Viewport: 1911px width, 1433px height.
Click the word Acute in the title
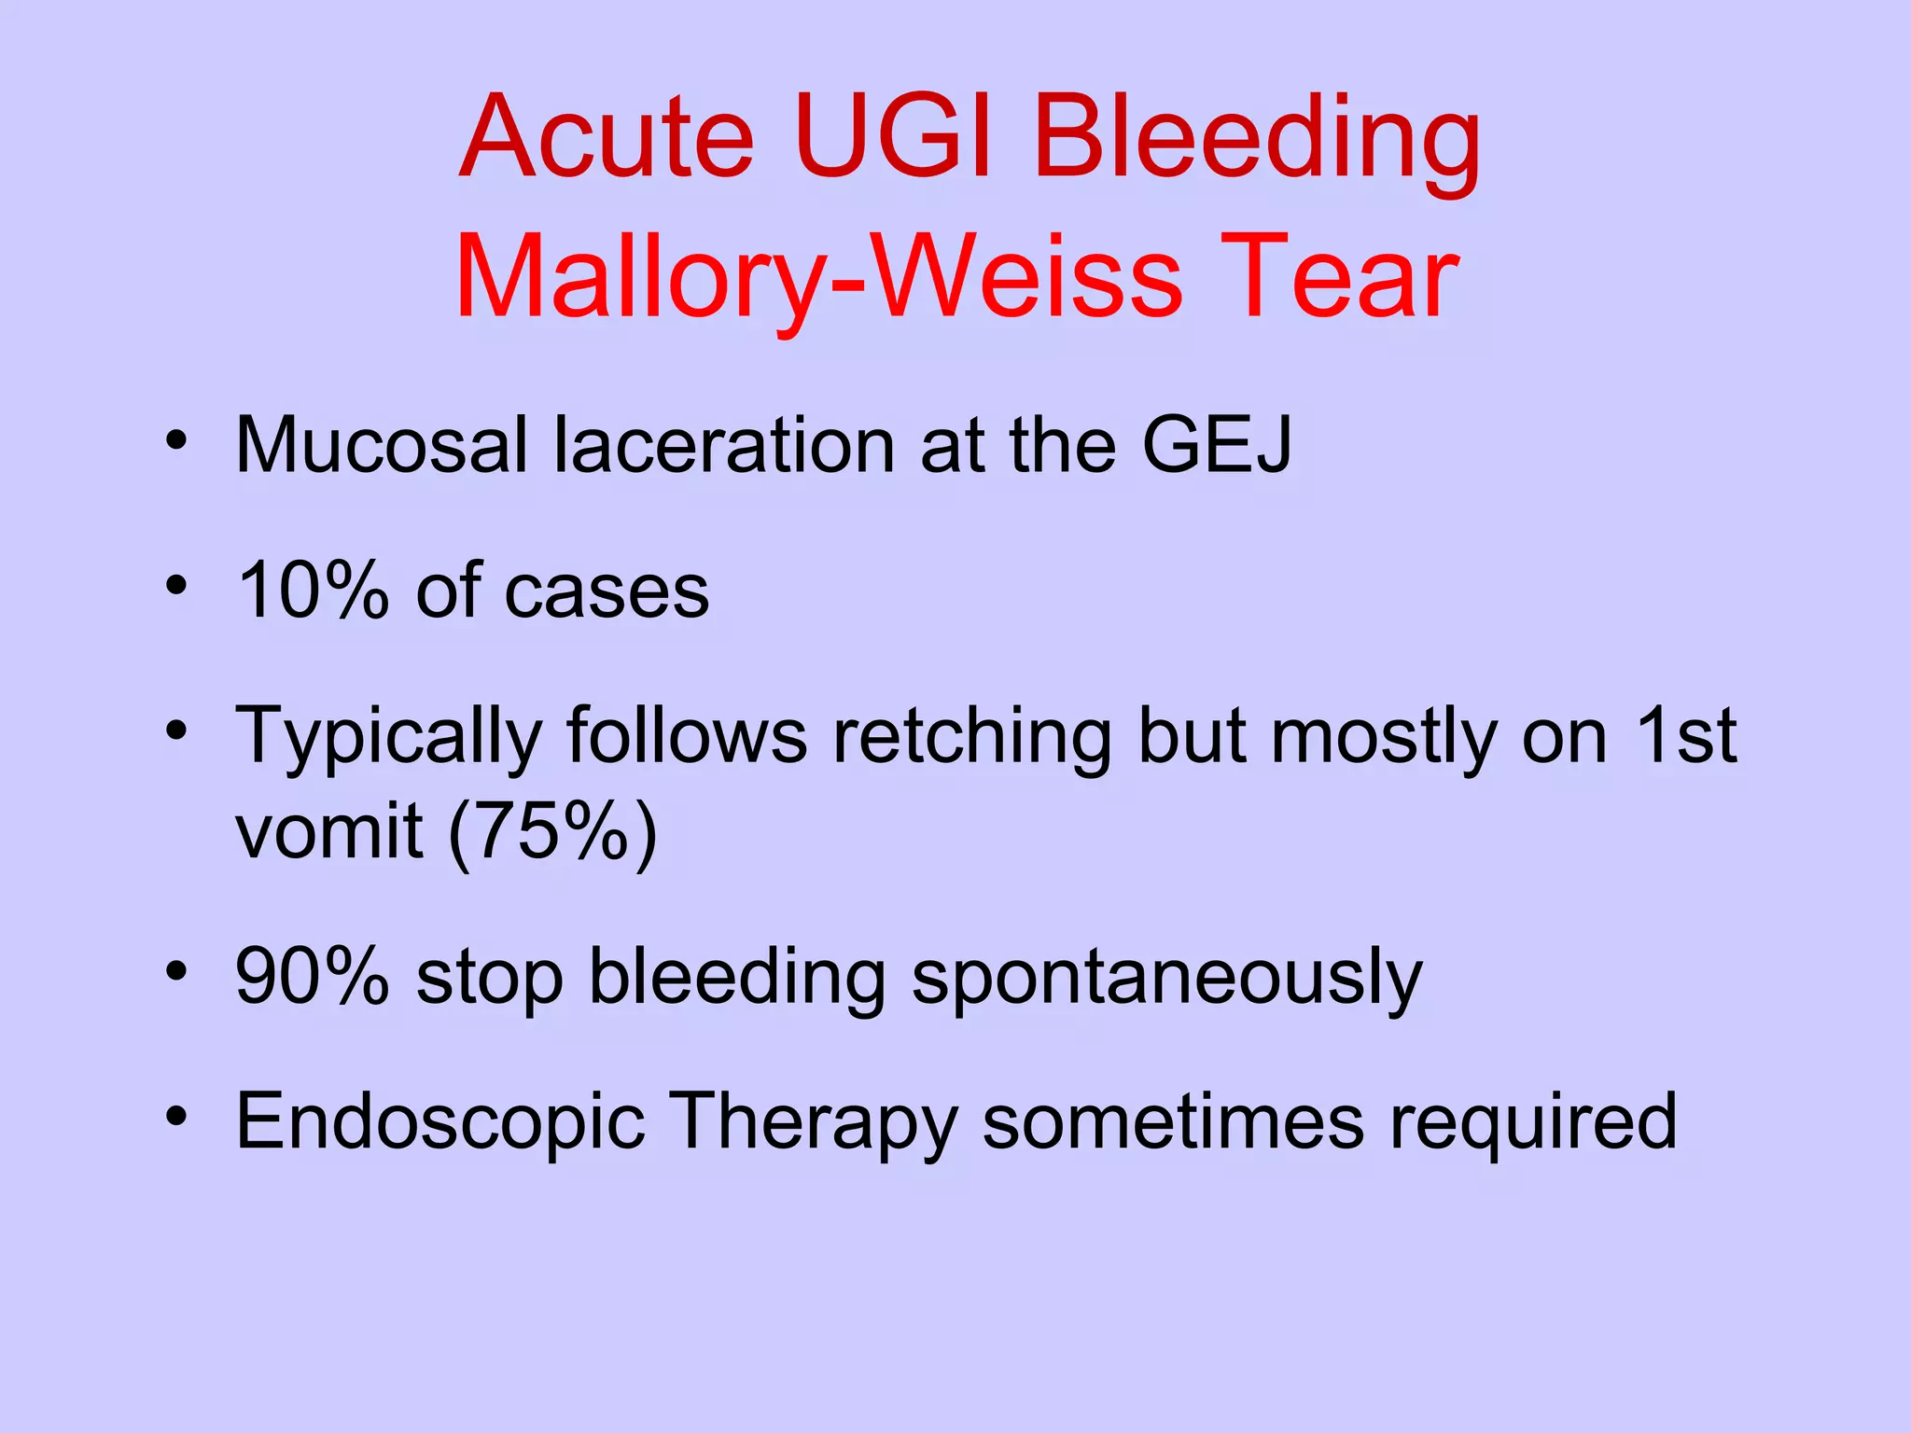click(x=607, y=138)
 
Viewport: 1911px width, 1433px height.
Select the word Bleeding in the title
click(x=1256, y=145)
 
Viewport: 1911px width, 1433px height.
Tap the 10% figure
click(x=313, y=590)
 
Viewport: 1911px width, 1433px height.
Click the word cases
click(x=607, y=591)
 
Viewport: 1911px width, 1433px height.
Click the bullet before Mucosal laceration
click(x=176, y=439)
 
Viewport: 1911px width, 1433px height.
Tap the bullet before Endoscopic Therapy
click(x=176, y=1116)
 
